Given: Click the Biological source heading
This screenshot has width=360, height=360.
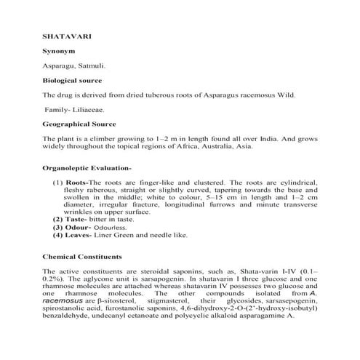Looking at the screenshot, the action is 72,80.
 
